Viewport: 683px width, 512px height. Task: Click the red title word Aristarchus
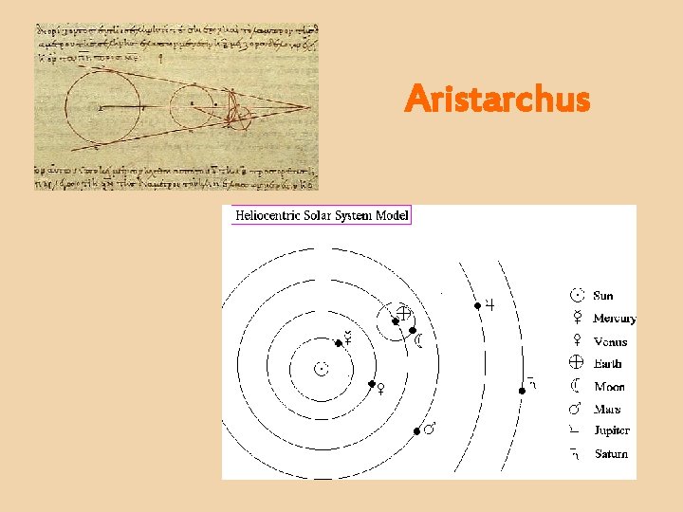[496, 99]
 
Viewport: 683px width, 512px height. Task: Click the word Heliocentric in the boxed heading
[268, 216]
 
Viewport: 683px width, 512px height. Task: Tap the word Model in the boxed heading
[391, 216]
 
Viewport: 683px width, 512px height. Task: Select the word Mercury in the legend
[615, 319]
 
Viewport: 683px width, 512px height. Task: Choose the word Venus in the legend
[610, 341]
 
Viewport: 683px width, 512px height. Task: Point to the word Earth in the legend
[608, 364]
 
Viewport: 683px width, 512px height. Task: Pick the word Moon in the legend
[609, 387]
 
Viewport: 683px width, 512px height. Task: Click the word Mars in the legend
[607, 410]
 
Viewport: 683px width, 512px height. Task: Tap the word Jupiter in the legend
[612, 431]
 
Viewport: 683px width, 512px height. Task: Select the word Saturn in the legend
[611, 454]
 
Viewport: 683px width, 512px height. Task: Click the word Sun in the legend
[603, 296]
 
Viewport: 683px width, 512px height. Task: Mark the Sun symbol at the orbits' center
[323, 368]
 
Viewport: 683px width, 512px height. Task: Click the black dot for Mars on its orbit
[416, 432]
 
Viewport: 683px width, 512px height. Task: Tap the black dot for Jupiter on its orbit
[477, 305]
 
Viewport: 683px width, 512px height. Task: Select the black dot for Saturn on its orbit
[522, 391]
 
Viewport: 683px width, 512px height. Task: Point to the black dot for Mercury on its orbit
[336, 342]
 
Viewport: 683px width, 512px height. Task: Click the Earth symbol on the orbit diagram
[402, 313]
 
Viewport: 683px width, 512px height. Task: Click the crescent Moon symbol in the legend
[576, 387]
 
